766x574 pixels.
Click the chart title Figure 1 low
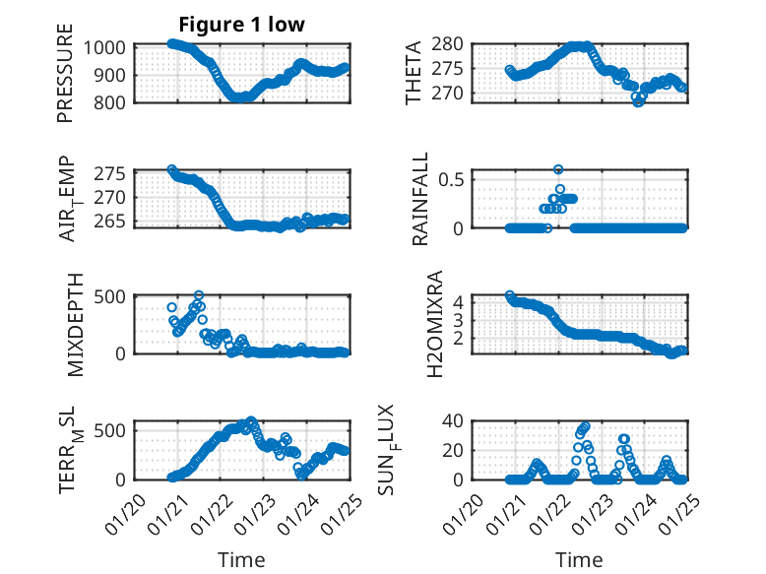[x=241, y=24]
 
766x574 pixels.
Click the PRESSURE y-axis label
[x=65, y=80]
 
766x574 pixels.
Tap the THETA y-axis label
[x=414, y=73]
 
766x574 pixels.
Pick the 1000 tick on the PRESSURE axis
[x=105, y=47]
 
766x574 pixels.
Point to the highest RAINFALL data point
[x=558, y=169]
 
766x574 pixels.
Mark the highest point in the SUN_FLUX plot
[x=585, y=426]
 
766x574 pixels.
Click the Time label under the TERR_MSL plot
[x=241, y=559]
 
